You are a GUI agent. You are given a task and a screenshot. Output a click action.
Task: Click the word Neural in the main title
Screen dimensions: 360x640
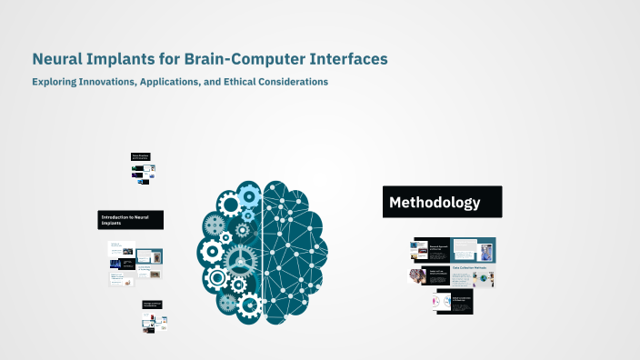tap(57, 59)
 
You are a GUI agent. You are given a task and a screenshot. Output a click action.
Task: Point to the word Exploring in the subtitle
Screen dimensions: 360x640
tap(55, 82)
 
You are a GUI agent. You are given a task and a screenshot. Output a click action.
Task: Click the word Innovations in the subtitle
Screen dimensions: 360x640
tap(118, 82)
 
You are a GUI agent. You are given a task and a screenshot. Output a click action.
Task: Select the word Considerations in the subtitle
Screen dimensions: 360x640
tap(300, 82)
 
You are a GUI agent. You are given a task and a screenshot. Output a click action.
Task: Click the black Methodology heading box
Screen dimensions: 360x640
tap(442, 202)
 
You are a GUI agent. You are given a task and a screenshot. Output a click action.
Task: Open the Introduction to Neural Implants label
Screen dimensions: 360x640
tap(131, 220)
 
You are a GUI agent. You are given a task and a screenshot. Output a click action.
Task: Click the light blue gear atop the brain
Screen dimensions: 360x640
tap(250, 193)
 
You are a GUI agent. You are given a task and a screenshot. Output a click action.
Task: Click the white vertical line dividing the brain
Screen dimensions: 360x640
tap(263, 245)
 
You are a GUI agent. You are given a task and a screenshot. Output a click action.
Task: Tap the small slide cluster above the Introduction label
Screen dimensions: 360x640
tap(143, 169)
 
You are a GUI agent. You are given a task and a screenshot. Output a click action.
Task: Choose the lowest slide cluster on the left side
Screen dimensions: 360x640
tap(155, 315)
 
